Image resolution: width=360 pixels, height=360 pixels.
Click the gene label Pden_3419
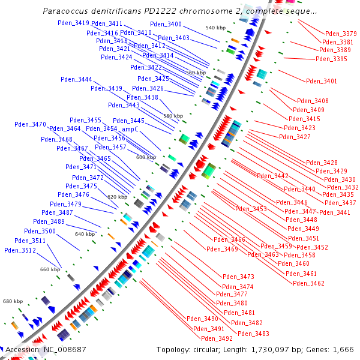pos(74,23)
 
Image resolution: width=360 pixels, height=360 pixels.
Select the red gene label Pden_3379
pos(341,34)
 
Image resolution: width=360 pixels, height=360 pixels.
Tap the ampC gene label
pos(130,129)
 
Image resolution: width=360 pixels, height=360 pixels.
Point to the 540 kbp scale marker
pos(215,28)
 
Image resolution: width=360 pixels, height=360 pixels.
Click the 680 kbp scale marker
pos(13,301)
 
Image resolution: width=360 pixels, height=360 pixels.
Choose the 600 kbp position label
pos(146,157)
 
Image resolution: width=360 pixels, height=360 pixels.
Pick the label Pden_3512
pos(20,250)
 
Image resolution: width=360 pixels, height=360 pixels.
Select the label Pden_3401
pos(322,81)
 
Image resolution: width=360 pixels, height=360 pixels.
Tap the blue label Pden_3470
pos(30,124)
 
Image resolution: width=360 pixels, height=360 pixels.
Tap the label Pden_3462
pos(309,283)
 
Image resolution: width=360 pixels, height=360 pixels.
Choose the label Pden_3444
pos(76,80)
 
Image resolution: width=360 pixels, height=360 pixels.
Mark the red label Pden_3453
pos(251,209)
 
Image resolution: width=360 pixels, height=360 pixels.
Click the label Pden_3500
pos(40,231)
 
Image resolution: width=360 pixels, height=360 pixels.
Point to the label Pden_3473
pos(238,277)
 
